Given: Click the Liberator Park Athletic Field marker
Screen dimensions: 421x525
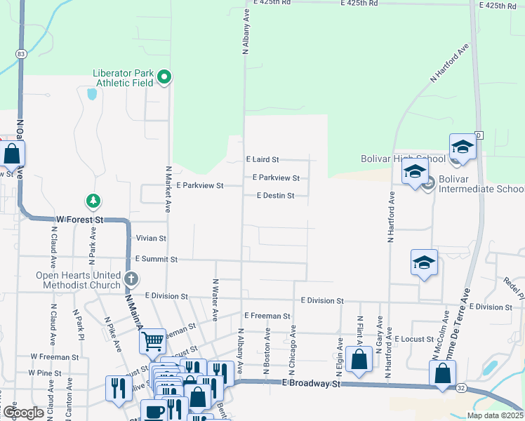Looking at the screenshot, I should click(x=164, y=77).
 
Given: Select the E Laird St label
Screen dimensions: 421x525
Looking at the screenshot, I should click(x=262, y=160).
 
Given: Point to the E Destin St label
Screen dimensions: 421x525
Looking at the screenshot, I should click(x=275, y=196).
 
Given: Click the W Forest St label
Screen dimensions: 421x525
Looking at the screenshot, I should click(x=80, y=220).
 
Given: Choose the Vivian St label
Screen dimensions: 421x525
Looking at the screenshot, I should click(x=151, y=239).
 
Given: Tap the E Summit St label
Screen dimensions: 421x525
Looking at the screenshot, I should click(x=157, y=259).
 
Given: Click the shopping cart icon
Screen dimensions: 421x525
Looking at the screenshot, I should click(x=152, y=342).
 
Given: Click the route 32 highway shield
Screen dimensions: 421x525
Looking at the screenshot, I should click(x=460, y=387).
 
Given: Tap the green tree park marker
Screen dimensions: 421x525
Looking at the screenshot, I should click(x=93, y=202).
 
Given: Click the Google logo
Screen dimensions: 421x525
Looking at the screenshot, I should click(x=23, y=413).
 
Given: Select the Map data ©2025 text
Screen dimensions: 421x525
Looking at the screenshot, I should click(x=494, y=415).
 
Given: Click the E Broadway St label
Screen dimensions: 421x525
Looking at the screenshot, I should click(x=311, y=384).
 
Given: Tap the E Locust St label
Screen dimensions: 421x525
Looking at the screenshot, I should click(x=417, y=339).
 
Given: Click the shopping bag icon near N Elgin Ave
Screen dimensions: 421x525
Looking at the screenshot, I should click(x=359, y=360).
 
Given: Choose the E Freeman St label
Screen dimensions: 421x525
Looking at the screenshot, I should click(x=267, y=316).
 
